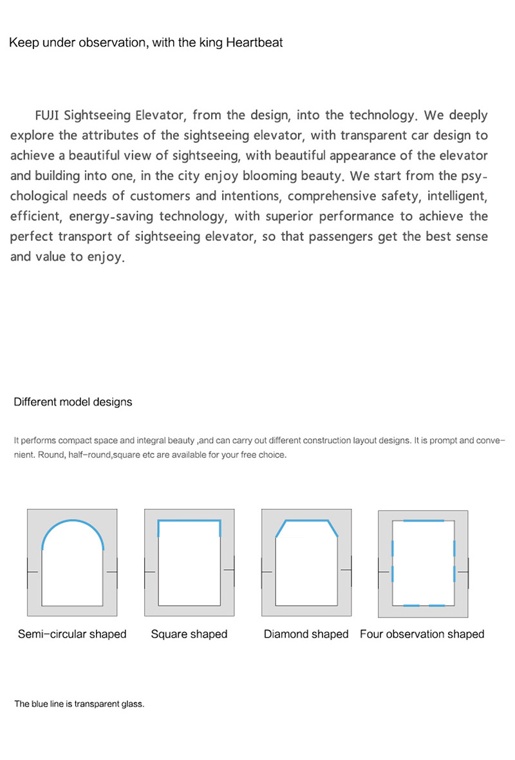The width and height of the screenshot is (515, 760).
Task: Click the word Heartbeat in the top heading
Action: click(x=254, y=43)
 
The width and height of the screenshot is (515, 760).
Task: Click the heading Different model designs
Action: click(x=73, y=402)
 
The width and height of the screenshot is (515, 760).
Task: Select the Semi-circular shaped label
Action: click(x=72, y=634)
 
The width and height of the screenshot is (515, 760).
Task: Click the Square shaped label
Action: click(x=189, y=634)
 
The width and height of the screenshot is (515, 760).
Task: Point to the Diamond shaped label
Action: click(x=306, y=634)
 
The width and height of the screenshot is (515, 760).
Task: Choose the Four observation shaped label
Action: click(x=422, y=634)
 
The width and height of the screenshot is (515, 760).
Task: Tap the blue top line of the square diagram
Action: click(x=189, y=520)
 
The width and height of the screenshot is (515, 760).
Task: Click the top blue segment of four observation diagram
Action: click(x=423, y=519)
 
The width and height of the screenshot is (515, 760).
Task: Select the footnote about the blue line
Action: click(x=79, y=704)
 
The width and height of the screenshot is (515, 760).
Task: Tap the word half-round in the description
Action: click(x=87, y=455)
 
